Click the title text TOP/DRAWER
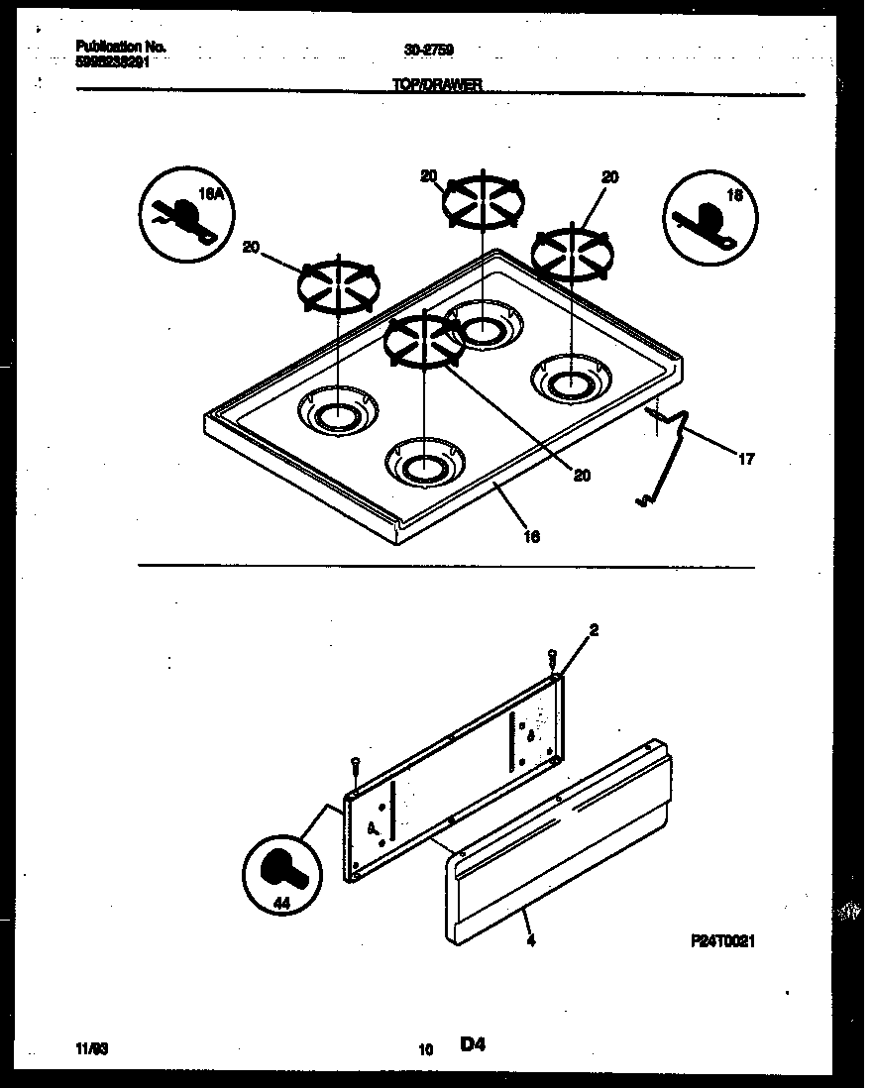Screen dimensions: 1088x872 tap(437, 86)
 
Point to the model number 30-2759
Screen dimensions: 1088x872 tap(422, 48)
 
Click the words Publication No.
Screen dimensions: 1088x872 tap(121, 47)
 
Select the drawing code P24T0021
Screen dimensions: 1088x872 tap(723, 942)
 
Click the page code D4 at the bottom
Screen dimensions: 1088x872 tap(475, 1044)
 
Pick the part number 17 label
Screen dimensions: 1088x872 tap(748, 458)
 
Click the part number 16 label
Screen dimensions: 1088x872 tap(531, 536)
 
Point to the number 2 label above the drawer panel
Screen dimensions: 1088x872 tap(594, 629)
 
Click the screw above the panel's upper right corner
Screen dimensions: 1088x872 tap(553, 657)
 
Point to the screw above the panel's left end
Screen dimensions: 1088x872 tap(355, 765)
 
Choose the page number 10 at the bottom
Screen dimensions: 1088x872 tap(426, 1048)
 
